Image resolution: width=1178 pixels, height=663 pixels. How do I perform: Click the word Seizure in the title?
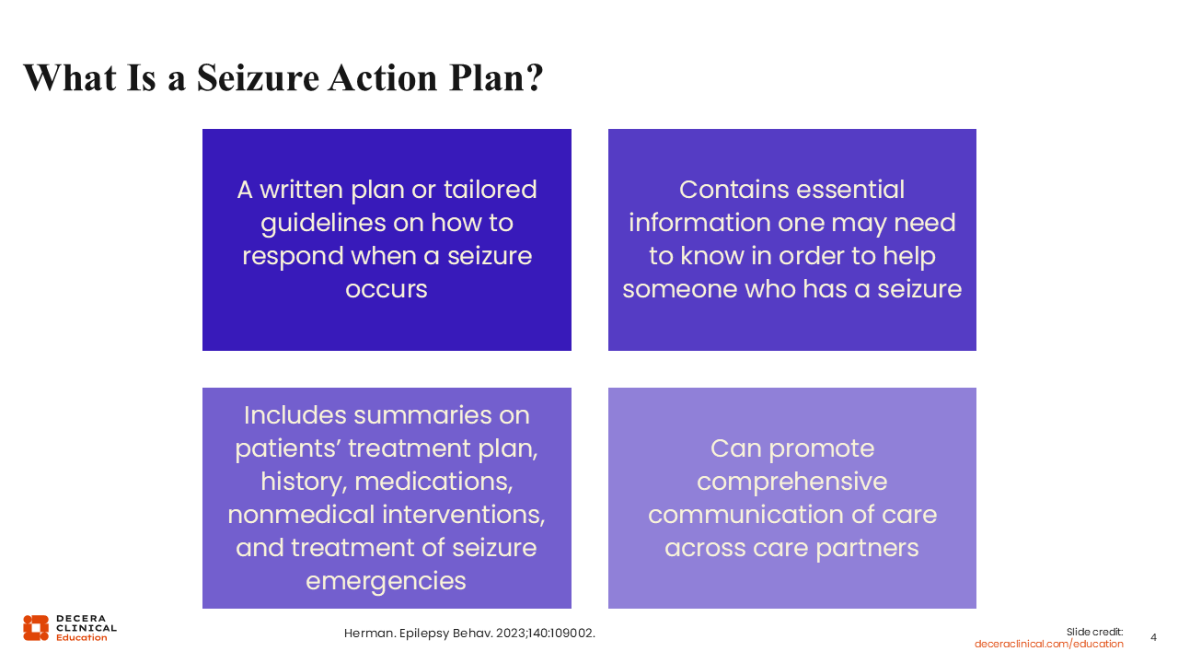click(258, 78)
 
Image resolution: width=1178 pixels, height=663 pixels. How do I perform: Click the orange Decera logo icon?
click(36, 628)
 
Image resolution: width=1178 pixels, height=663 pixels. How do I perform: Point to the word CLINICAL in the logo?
click(87, 628)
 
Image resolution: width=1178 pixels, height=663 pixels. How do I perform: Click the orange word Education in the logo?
click(82, 637)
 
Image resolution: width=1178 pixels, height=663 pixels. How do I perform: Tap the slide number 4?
click(1153, 637)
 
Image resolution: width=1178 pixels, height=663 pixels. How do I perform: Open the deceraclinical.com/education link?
click(1048, 644)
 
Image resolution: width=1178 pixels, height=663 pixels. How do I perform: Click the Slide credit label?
click(1094, 632)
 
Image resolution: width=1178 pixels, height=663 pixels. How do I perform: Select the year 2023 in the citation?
click(511, 633)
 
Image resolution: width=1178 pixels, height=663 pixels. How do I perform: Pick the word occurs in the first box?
click(387, 289)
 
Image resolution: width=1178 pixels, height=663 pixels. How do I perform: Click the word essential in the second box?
click(850, 190)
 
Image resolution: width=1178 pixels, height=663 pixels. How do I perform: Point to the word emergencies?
click(386, 581)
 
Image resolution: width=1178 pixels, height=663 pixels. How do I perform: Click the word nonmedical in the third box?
click(301, 515)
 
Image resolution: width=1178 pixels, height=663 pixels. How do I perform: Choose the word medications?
click(433, 482)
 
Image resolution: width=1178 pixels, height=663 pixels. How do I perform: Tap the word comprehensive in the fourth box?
click(792, 482)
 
